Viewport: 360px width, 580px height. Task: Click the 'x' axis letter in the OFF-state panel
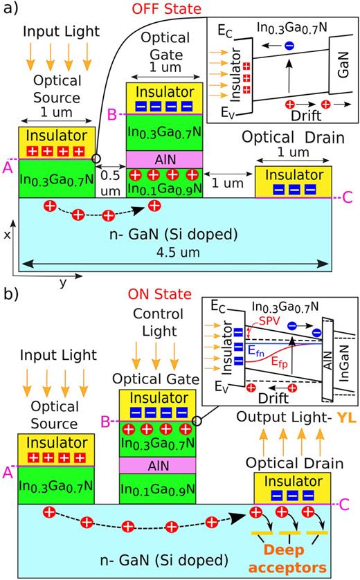click(7, 234)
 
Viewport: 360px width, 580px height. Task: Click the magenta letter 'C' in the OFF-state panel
click(347, 199)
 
